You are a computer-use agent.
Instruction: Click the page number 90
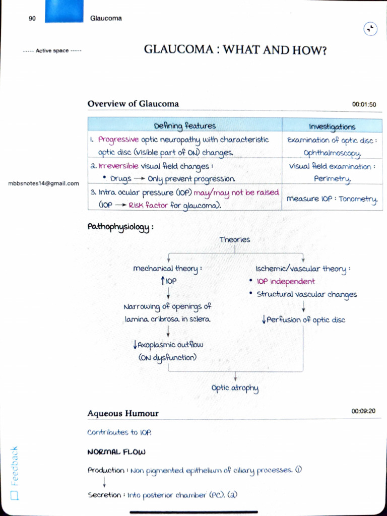coord(32,19)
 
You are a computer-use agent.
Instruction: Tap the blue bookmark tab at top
coord(63,11)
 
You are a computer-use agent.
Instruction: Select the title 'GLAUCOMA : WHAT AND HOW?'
coord(235,50)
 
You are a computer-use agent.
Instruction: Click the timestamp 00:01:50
coord(364,105)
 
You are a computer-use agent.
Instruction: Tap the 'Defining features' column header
coord(184,125)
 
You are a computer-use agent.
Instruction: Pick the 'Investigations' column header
coord(332,126)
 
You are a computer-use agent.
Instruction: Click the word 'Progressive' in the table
coord(118,140)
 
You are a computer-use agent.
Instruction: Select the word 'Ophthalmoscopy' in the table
coord(332,152)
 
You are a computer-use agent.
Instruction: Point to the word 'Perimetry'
coord(332,178)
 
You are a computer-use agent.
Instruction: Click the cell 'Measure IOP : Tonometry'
coord(332,199)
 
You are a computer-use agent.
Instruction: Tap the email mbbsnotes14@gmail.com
coord(44,183)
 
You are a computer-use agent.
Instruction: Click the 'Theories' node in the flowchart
coord(234,240)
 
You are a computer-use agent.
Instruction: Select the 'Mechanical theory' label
coord(167,269)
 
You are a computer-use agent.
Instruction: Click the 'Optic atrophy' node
coord(235,388)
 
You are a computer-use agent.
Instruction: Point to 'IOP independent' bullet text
coord(285,282)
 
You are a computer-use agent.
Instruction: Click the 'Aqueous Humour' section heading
coord(123,414)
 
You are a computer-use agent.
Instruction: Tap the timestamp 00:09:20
coord(363,411)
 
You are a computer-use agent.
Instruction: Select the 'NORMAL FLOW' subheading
coord(116,452)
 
